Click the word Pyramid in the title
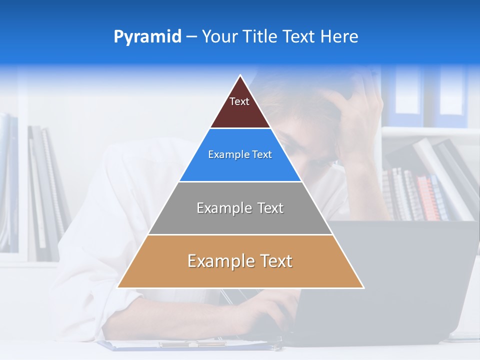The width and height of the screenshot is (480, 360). tap(147, 37)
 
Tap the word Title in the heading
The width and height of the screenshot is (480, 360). tap(260, 37)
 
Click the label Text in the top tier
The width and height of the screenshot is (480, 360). tap(239, 101)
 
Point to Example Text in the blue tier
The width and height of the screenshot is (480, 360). tap(240, 154)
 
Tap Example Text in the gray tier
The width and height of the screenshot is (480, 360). tap(240, 208)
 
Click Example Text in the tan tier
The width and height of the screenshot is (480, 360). tap(240, 261)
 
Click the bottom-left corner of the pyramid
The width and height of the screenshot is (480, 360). tap(118, 287)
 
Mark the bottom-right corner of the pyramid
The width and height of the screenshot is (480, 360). tap(363, 287)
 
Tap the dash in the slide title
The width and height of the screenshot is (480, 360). tap(191, 37)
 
